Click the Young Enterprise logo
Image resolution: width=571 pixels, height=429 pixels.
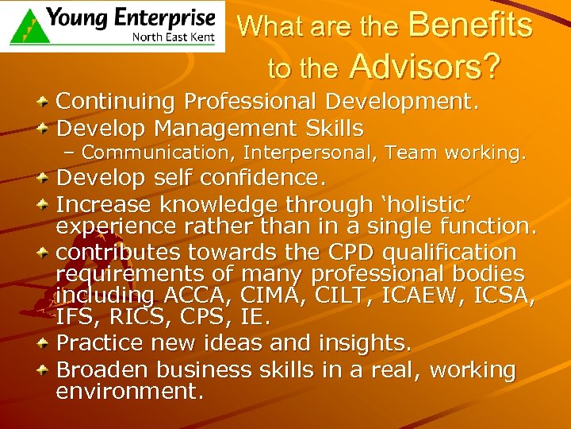point(112,26)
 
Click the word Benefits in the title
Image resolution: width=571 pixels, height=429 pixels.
point(470,25)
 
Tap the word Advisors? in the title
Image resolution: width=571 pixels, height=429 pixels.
point(424,68)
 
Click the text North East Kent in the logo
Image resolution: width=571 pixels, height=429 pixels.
point(173,37)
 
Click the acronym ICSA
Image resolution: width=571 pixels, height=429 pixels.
point(507,297)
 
